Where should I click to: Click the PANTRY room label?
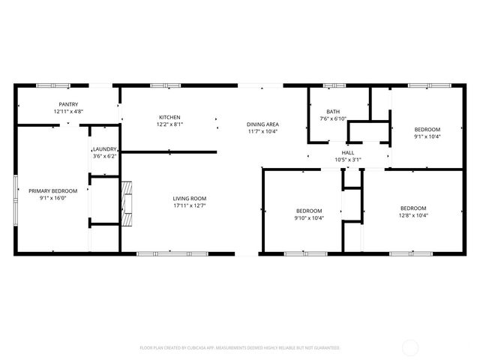coord(68,104)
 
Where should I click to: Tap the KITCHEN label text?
coord(169,117)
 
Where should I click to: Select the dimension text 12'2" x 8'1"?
coord(169,124)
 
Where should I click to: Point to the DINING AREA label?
coord(263,124)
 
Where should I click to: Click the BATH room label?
coord(333,111)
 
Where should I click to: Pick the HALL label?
coord(348,152)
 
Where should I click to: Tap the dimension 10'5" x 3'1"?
coord(348,159)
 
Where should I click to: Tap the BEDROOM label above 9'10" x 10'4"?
coord(308,211)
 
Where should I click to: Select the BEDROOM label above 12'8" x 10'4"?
coord(412,208)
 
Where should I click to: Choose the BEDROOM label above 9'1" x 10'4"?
coord(427,129)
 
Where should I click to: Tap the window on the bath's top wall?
coord(333,85)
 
